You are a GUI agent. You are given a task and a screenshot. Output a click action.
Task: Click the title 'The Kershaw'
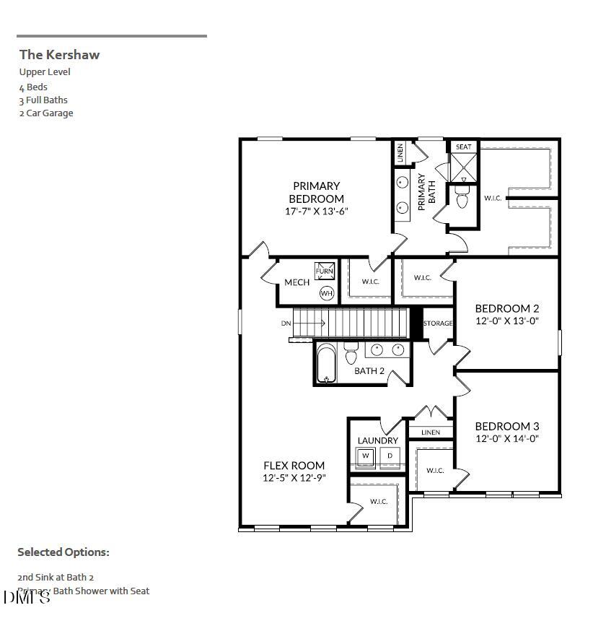click(x=59, y=54)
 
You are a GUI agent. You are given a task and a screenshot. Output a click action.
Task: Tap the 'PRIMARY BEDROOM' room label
click(x=316, y=192)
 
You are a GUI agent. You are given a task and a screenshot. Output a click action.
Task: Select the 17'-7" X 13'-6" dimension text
click(x=317, y=212)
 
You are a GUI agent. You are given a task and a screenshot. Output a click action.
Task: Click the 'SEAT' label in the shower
click(x=464, y=147)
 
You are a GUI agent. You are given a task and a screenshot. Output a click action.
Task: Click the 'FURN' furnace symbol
click(x=325, y=271)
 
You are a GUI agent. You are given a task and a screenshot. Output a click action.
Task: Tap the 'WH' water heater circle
click(x=326, y=293)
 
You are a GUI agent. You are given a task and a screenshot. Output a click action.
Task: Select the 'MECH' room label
click(x=296, y=282)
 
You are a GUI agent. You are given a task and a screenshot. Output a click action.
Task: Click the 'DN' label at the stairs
click(x=286, y=323)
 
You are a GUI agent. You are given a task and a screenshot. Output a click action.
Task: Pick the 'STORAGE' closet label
click(x=438, y=323)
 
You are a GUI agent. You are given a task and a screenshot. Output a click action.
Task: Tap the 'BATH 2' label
click(x=369, y=371)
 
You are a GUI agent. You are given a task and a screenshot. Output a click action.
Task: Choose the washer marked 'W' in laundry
click(x=366, y=456)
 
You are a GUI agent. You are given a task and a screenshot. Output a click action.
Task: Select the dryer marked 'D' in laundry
click(x=390, y=456)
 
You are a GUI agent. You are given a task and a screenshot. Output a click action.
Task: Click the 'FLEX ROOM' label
click(x=294, y=466)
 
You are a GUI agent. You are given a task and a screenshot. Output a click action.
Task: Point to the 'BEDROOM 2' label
click(x=506, y=308)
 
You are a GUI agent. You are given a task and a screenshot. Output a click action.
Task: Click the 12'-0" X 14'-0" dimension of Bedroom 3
click(x=506, y=438)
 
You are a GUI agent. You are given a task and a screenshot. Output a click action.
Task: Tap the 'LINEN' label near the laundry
click(x=431, y=432)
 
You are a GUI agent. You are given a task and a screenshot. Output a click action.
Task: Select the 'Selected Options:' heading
click(x=63, y=552)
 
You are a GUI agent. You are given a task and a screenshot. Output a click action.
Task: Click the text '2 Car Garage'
click(x=46, y=113)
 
